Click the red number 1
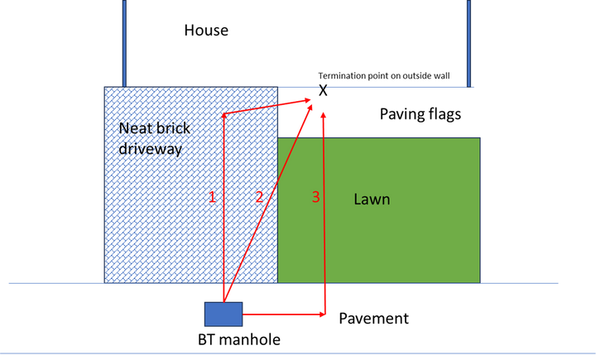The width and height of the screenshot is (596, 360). pos(212,197)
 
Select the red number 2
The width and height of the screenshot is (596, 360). pos(259,197)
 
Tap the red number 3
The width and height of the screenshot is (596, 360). pos(315,197)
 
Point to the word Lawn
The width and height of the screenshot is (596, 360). pos(372,199)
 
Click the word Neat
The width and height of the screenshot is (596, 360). pos(135,128)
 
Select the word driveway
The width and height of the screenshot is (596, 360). pos(150,149)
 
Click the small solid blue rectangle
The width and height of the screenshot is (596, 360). pos(223,314)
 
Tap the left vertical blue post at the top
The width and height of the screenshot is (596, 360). pos(124,41)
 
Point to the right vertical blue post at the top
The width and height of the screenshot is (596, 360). pos(469,41)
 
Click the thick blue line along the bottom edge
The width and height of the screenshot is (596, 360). pos(298,354)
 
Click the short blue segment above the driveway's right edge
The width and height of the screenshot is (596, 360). pos(299,87)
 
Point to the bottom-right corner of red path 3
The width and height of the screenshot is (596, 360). pos(324,314)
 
